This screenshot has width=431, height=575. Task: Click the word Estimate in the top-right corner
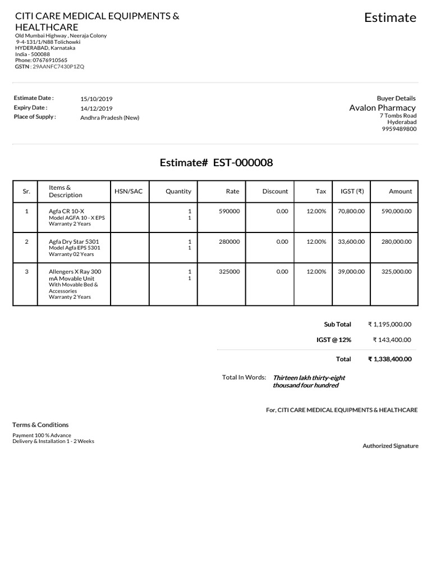click(390, 17)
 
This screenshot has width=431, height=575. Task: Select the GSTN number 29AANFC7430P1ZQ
click(58, 66)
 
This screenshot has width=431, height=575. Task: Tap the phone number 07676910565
click(50, 60)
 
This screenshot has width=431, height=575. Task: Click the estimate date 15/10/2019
click(97, 99)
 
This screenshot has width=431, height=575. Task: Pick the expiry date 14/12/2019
click(97, 108)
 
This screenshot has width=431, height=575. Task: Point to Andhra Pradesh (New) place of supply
click(109, 118)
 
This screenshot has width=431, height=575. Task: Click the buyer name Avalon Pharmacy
click(382, 108)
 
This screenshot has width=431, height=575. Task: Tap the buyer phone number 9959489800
click(399, 129)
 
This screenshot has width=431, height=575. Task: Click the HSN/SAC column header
click(129, 191)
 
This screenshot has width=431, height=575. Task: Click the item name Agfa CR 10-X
click(66, 211)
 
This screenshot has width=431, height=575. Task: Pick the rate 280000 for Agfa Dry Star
click(229, 241)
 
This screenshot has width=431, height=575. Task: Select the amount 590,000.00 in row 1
click(396, 211)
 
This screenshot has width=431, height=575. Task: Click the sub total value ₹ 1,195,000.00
click(389, 325)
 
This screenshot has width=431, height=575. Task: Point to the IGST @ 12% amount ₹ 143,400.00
click(392, 340)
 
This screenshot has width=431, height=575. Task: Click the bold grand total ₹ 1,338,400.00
click(389, 359)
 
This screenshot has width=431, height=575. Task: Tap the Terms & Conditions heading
click(40, 425)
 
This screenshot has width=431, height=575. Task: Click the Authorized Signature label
click(390, 446)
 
